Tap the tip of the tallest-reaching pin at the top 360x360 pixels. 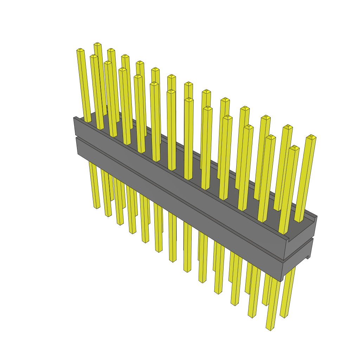[x=97, y=44]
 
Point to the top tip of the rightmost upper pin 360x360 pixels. [x=311, y=136]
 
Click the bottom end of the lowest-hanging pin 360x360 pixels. [x=270, y=328]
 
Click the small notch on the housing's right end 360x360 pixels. [x=308, y=257]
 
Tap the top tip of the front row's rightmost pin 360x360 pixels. [x=294, y=148]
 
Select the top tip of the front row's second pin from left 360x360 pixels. [x=94, y=56]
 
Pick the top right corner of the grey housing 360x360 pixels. [x=317, y=217]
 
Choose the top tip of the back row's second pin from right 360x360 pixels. [x=288, y=127]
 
